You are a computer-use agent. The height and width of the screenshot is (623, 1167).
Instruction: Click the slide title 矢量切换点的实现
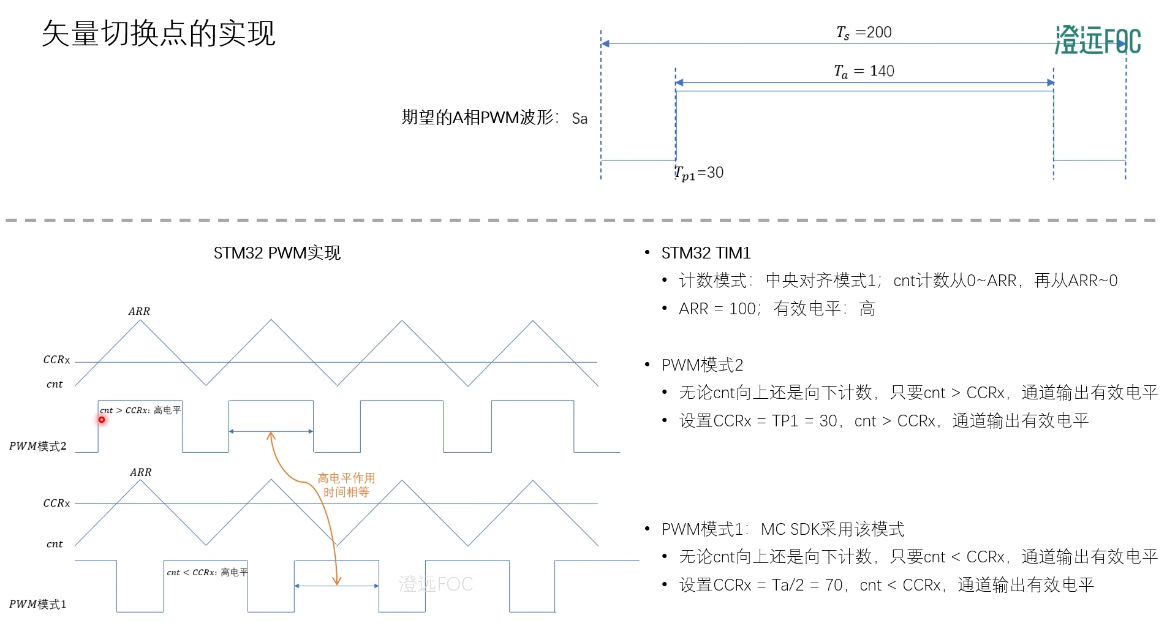pos(158,33)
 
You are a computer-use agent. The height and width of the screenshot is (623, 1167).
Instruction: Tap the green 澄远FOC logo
pos(1097,40)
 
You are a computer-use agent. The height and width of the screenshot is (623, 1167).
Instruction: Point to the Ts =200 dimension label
pos(864,32)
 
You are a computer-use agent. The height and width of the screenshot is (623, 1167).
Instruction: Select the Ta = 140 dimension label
pos(864,71)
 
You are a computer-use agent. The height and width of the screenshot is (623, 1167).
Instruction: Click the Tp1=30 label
pos(699,173)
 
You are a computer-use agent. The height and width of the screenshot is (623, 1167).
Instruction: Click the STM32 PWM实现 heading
pos(277,253)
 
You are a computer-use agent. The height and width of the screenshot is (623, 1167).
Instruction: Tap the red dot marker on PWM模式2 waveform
pos(102,420)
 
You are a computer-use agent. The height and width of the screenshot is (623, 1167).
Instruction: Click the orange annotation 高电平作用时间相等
pos(346,485)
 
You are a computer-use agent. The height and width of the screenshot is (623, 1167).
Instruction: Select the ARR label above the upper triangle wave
pos(139,311)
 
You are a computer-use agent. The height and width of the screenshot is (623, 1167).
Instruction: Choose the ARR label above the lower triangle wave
pos(140,472)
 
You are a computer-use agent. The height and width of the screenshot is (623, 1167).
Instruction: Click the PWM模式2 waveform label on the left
pos(37,446)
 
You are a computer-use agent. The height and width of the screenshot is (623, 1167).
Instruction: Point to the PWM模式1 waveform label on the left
pos(37,604)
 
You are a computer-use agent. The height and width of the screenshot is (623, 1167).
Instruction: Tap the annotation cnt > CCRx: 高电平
pos(140,410)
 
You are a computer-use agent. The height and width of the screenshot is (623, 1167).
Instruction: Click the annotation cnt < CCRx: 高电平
pos(207,572)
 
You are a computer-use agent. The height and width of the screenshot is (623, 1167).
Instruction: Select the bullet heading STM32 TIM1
pos(706,253)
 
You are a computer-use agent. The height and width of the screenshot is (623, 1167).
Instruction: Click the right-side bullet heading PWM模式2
pos(702,365)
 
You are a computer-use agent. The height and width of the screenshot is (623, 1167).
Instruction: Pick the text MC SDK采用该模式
pos(832,529)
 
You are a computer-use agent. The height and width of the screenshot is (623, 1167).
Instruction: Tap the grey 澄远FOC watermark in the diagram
pos(435,584)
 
